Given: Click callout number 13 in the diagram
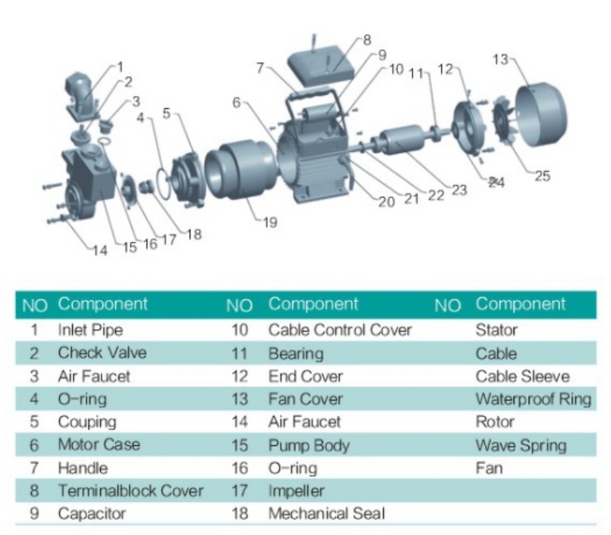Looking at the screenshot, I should (x=499, y=59).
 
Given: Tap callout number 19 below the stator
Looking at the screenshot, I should (x=270, y=223).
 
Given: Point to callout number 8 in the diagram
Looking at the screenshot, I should (x=367, y=39).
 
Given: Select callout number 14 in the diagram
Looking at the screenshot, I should (x=99, y=250).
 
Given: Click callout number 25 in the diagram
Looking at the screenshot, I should (x=542, y=176).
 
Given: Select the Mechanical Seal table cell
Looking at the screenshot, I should (x=326, y=513).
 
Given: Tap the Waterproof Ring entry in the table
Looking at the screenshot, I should (x=533, y=399).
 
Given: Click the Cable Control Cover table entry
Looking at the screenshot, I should (x=339, y=329).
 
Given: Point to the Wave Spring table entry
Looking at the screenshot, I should (x=521, y=444).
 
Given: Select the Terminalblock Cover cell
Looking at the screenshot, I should (x=130, y=490).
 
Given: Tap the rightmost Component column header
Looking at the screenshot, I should (x=520, y=304).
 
